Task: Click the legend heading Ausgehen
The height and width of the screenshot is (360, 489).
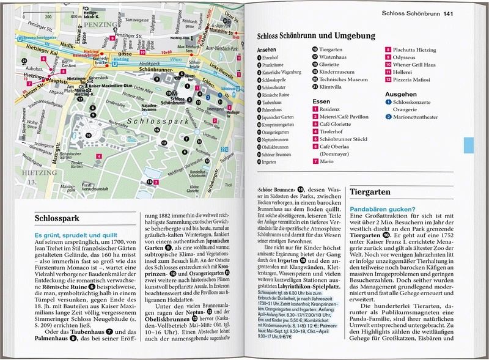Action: pos(401,94)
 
